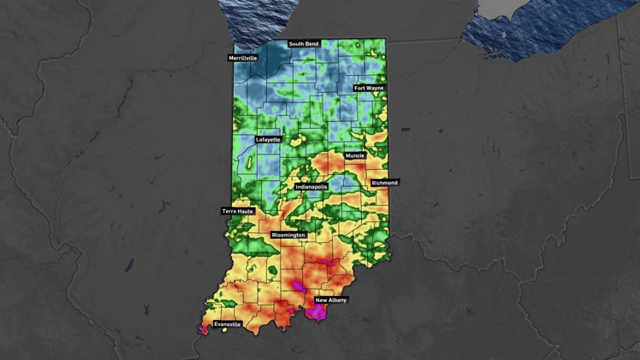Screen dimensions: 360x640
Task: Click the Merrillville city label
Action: [242, 58]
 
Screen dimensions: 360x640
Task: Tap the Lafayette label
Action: [268, 139]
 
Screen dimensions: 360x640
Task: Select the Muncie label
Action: [356, 156]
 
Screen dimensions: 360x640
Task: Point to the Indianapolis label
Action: [311, 186]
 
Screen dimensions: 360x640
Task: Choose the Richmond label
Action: [384, 183]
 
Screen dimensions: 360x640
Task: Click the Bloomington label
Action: [288, 234]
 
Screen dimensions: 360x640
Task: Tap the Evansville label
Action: [227, 324]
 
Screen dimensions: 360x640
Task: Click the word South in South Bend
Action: [297, 44]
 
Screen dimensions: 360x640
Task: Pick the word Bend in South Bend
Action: [312, 44]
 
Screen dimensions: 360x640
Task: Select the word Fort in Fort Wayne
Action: [360, 87]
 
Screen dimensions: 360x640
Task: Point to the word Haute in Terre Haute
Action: [244, 211]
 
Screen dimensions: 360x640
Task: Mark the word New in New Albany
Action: [322, 300]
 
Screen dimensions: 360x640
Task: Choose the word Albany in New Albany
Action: [338, 300]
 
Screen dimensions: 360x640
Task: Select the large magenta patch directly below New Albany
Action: [317, 313]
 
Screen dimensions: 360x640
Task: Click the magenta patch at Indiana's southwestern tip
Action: [203, 328]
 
